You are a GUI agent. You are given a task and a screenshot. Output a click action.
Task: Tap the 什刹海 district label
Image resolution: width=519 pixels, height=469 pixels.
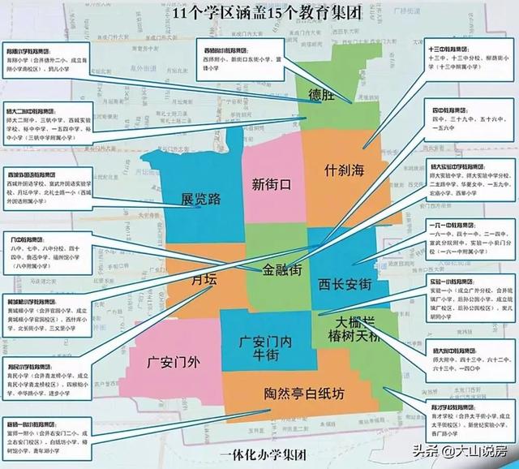pos(341,170)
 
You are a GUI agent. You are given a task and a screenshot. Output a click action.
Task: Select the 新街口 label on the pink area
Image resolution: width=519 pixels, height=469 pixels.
pos(272,183)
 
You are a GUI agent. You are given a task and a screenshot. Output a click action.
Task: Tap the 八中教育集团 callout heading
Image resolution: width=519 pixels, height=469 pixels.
pos(24,240)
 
